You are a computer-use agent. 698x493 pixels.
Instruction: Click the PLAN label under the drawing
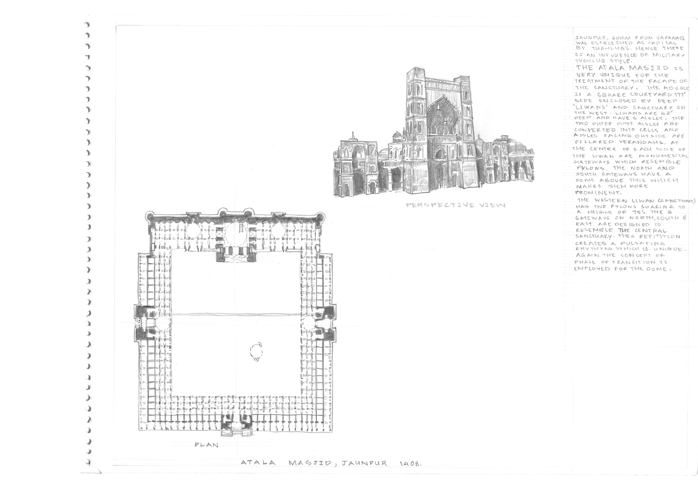(x=206, y=445)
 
